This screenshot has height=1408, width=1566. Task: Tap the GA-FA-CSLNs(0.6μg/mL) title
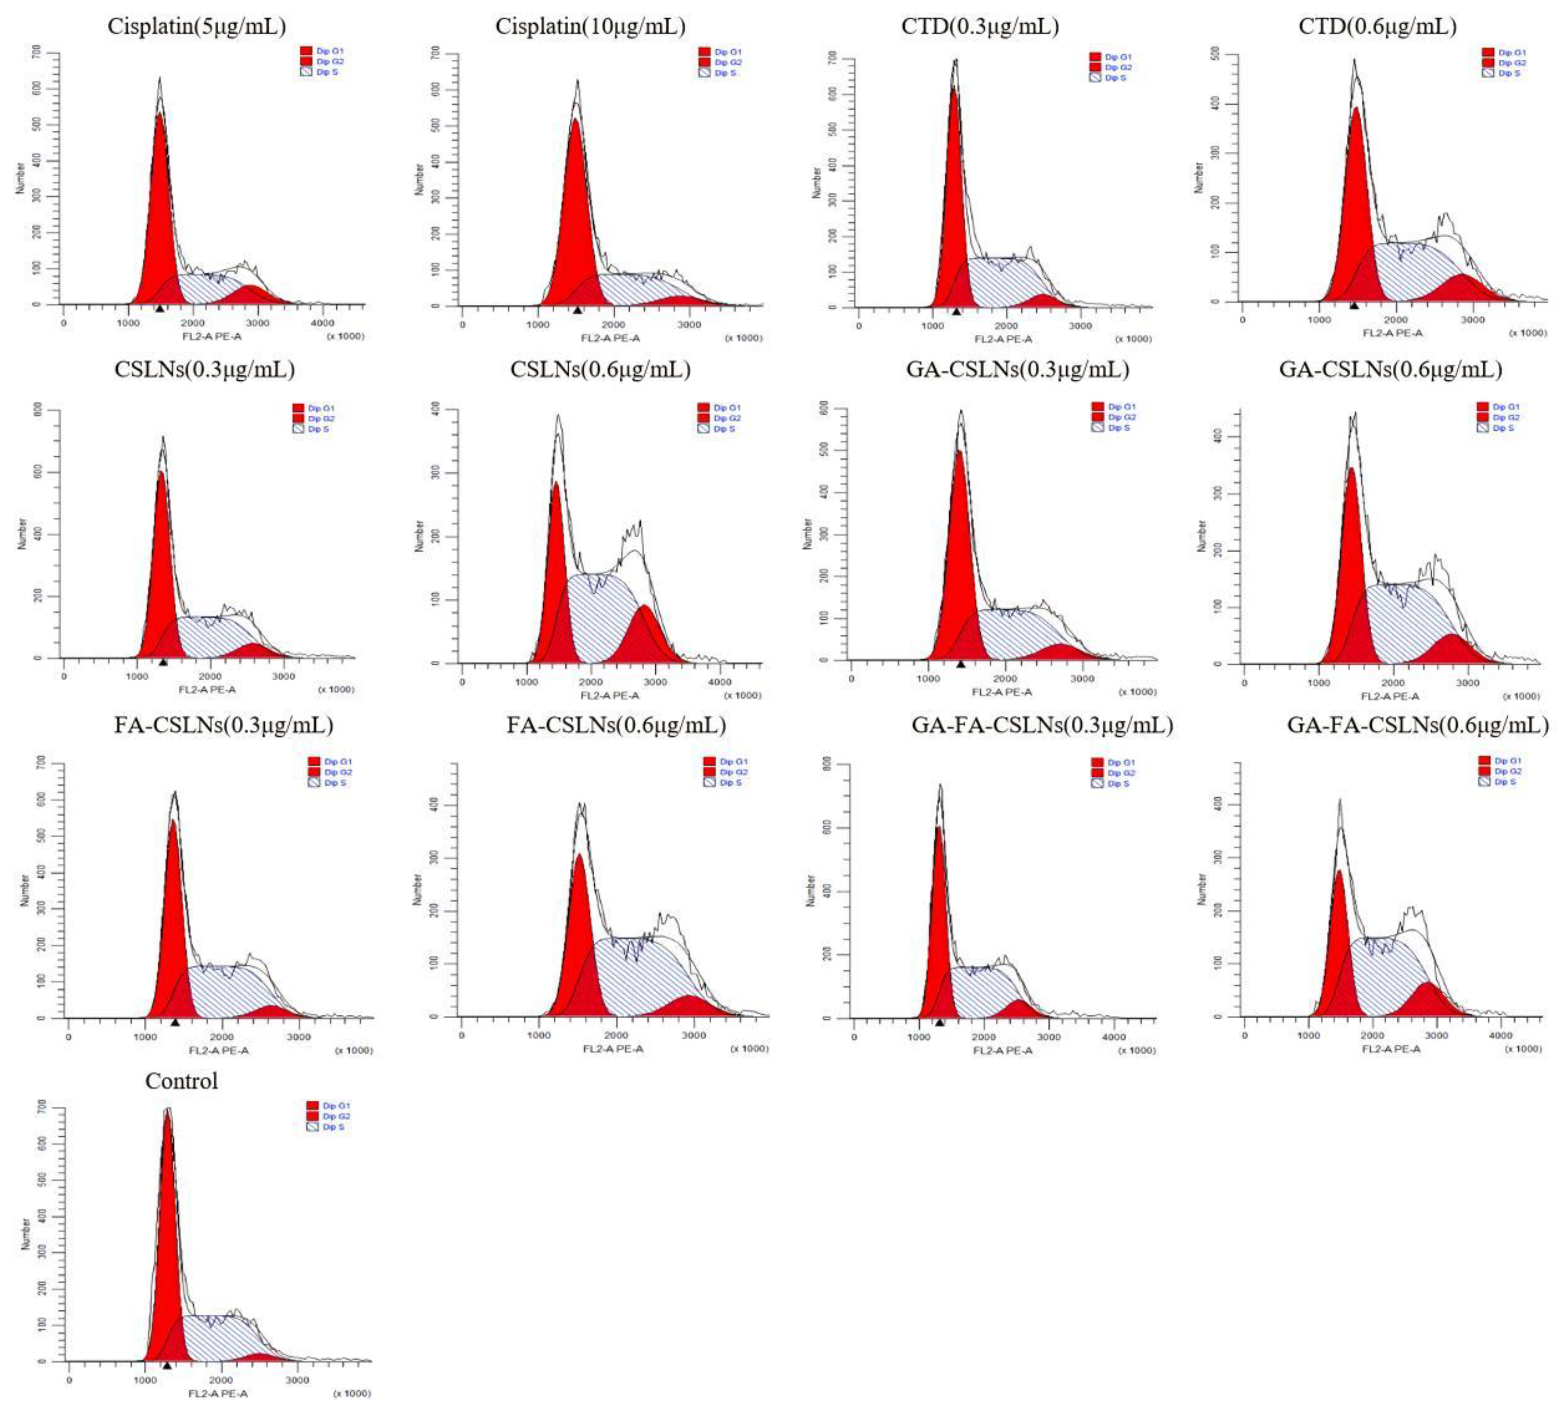coord(1417,725)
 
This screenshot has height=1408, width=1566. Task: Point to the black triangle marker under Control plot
coord(166,1365)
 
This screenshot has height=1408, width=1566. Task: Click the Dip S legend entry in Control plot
coord(333,1127)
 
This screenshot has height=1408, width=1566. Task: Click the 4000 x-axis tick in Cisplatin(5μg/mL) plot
coord(322,323)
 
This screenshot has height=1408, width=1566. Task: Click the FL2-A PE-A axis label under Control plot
coord(218,1393)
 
